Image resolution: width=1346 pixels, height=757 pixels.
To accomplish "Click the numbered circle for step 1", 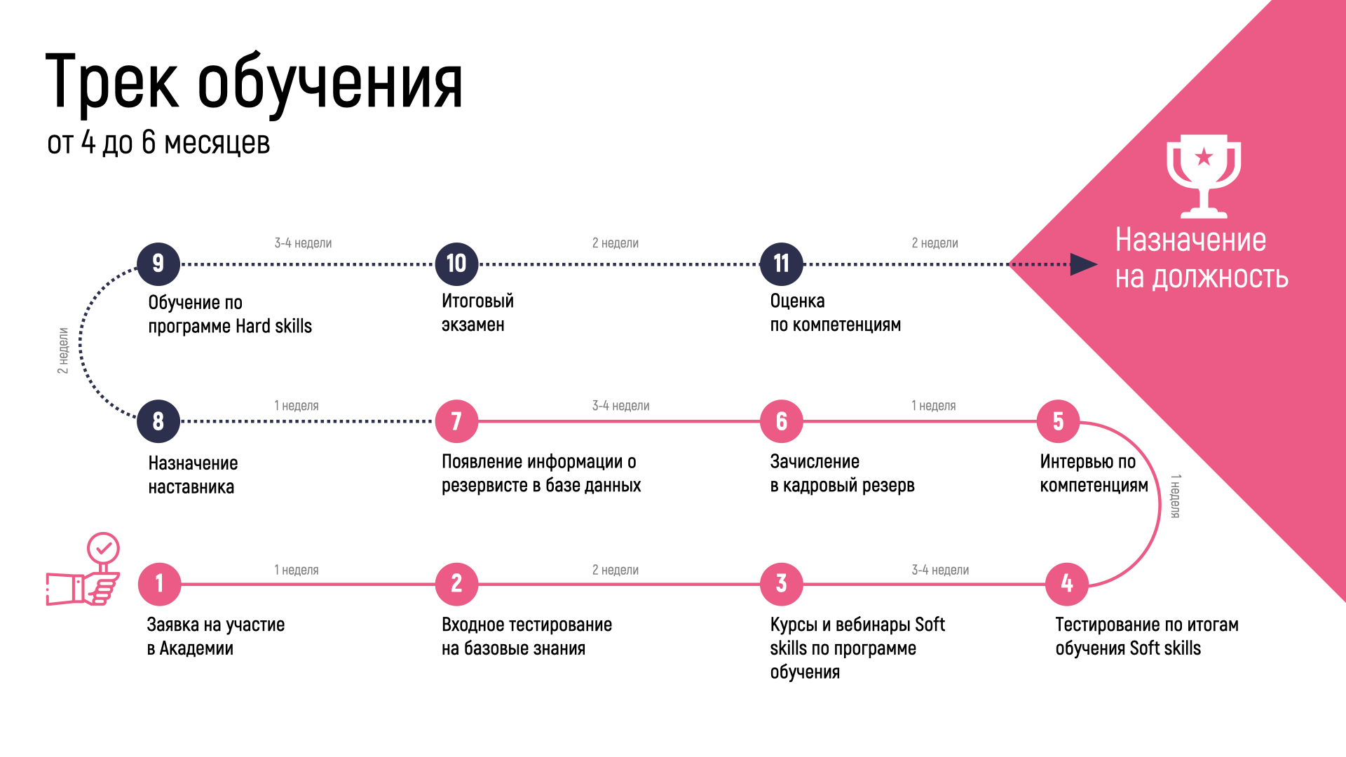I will pos(159,584).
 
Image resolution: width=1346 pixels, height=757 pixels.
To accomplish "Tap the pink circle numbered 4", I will pos(1066,584).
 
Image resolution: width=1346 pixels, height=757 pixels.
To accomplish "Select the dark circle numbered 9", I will pos(158,264).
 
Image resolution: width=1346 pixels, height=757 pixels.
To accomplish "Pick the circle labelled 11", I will pos(781,264).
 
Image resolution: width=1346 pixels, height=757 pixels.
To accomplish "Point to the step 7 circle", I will pos(456,421).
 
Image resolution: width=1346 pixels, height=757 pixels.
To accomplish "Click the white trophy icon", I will pos(1204,175).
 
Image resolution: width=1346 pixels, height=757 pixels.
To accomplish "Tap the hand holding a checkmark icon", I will pos(84,571).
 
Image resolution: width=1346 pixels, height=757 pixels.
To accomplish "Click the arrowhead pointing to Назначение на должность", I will pos(1083,264).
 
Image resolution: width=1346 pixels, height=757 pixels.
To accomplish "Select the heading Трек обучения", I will pos(254,83).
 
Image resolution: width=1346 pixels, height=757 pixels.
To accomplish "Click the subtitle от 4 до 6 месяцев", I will pos(158,142).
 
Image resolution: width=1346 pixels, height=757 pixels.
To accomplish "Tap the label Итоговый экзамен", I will pos(477,313).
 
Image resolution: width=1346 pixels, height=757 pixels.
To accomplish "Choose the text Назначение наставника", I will pos(193,475).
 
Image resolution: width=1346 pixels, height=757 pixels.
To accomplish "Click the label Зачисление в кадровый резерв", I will pos(842,473).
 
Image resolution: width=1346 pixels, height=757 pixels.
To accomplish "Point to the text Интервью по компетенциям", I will pos(1094,473).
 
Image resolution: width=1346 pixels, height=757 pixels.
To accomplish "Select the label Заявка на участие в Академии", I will pos(216,636).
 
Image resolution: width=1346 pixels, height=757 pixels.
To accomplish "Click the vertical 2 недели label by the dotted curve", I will pos(63,350).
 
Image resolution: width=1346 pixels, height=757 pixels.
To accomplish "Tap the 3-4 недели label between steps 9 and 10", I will pos(303,243).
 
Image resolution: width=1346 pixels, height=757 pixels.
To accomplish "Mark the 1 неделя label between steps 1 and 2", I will pos(296,570).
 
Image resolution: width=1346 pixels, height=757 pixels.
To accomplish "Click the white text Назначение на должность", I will pos(1201,259).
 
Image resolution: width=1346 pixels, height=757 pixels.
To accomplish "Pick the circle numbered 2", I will pos(456,584).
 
